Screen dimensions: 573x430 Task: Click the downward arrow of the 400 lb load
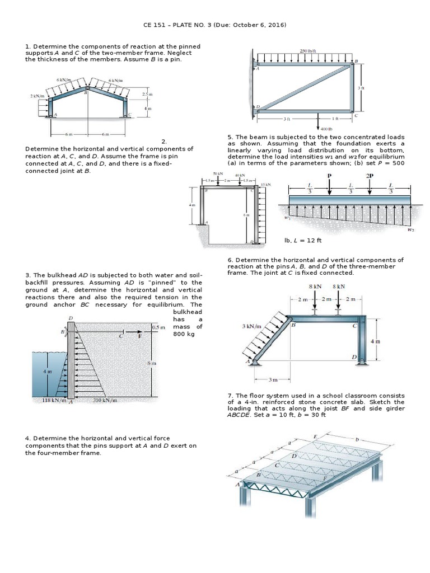[319, 120]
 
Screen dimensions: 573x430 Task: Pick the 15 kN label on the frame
[266, 184]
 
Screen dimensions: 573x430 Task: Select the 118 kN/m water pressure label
[55, 400]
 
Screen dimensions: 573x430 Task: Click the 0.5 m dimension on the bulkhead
[159, 327]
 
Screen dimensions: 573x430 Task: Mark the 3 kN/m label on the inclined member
[251, 326]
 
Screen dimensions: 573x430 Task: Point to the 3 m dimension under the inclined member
[273, 380]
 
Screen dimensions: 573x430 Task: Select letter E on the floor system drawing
[315, 436]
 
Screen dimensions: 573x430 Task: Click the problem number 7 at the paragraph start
[230, 395]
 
